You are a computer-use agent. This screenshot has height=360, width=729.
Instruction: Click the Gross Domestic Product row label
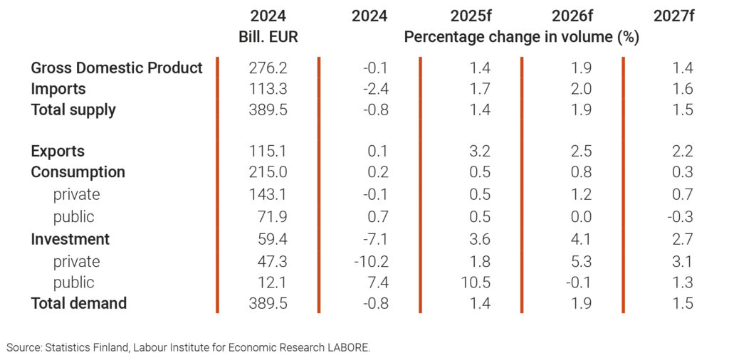(117, 68)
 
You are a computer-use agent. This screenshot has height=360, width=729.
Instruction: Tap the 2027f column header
(673, 16)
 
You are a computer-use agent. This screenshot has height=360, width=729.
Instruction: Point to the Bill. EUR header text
(268, 37)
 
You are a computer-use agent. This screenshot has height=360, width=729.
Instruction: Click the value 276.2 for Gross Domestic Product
(268, 68)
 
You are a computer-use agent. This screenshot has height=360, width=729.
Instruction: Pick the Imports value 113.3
(268, 89)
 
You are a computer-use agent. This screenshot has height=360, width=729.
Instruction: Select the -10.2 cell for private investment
(372, 262)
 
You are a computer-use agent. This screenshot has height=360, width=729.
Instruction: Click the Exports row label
(58, 152)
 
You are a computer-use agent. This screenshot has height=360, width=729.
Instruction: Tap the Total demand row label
(78, 303)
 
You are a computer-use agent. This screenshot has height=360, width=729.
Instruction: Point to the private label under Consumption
(76, 194)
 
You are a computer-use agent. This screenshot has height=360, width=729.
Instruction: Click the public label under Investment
(73, 282)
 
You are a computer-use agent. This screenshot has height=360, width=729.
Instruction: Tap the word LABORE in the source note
(348, 348)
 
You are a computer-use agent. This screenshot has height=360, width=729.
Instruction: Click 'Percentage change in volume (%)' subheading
(521, 37)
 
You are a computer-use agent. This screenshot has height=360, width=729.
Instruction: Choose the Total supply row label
(73, 110)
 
